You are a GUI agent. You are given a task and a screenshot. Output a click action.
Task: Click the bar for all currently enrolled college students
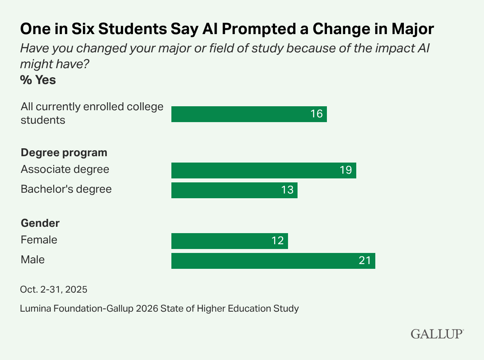point(249,114)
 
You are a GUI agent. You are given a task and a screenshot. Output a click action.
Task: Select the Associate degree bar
point(263,170)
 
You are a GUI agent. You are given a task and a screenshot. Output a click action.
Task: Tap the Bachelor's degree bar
point(234,190)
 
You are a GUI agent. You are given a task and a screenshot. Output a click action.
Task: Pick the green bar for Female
point(229,241)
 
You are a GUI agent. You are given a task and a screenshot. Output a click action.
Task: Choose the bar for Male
point(273,260)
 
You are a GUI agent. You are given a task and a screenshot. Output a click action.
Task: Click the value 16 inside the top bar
point(317,114)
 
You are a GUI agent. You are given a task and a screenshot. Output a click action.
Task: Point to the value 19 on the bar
point(346,170)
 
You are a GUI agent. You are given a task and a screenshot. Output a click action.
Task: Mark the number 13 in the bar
point(287,190)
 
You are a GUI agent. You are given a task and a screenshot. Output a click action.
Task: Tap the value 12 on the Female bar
point(278,241)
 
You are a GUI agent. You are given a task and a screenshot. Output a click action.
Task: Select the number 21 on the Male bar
point(365,260)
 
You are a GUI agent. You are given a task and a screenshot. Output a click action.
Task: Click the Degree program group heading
point(64,153)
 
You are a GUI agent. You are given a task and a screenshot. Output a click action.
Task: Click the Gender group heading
point(40,223)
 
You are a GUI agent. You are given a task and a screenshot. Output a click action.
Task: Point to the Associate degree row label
point(65,170)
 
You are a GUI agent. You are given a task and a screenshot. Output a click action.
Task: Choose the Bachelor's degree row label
point(66,189)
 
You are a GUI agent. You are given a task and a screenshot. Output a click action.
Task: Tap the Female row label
point(39,240)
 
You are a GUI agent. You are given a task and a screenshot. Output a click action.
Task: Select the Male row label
point(33,260)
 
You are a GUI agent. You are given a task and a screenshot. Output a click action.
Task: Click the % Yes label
point(38,80)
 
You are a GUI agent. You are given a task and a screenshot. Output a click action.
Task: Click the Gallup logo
point(437,334)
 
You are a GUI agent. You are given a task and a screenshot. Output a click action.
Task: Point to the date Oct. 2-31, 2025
point(54,289)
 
